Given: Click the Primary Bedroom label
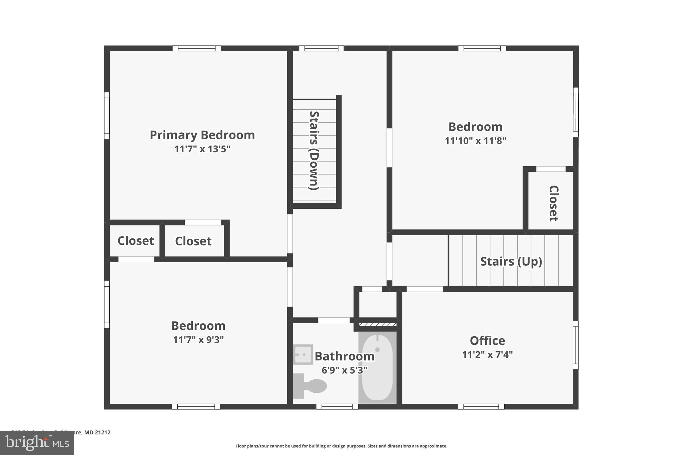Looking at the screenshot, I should tap(202, 135).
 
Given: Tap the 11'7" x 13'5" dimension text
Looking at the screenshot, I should tap(202, 149).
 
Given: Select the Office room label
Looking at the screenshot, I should tap(487, 341).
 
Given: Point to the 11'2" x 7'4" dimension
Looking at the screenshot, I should tap(487, 355).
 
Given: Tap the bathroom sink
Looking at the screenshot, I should tap(303, 354).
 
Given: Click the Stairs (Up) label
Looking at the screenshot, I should tap(511, 261).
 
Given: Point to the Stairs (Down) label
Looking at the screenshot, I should tap(314, 150).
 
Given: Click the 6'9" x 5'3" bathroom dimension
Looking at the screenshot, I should tap(344, 370).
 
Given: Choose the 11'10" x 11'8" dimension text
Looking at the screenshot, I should tap(475, 141).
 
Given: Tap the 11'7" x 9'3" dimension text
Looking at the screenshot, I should tap(198, 340).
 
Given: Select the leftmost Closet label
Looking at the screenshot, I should tap(136, 241).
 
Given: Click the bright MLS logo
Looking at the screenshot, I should tap(37, 443).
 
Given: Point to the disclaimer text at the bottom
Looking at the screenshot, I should tap(341, 446).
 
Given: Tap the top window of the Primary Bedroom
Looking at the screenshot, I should tap(196, 48).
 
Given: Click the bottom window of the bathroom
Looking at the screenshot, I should tap(337, 406).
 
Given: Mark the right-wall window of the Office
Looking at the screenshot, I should tap(575, 345).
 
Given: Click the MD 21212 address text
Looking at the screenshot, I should tap(97, 432).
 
